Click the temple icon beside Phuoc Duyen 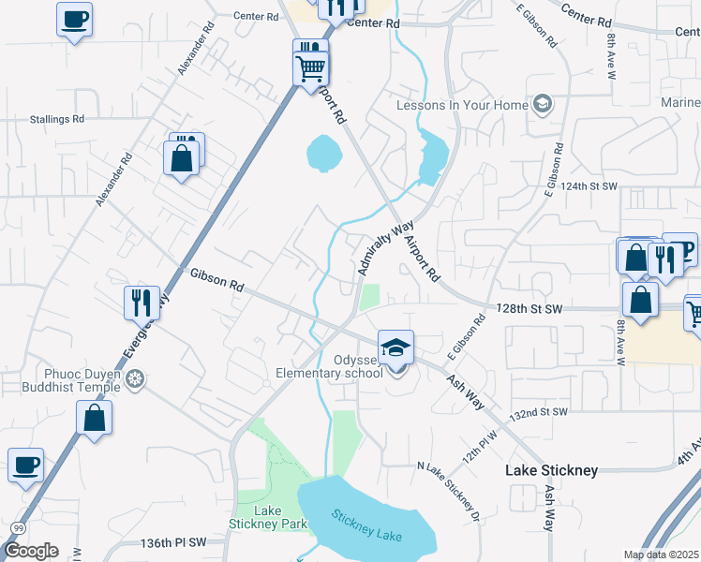click(136, 379)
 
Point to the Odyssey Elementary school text click(330, 366)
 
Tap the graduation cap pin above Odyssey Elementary click(395, 348)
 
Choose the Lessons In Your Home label click(462, 105)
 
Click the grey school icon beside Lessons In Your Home click(542, 104)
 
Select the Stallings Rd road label click(57, 119)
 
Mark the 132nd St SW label click(540, 412)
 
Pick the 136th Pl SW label click(173, 543)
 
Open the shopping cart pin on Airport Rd click(310, 67)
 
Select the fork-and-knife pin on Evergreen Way click(142, 302)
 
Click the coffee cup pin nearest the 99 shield click(26, 465)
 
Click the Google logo click(31, 551)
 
